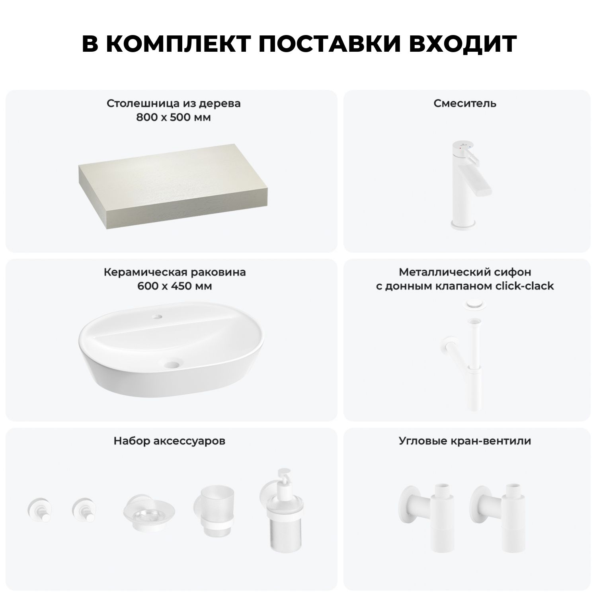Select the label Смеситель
pyautogui.click(x=465, y=103)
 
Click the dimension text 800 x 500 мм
pyautogui.click(x=174, y=117)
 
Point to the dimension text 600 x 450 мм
pyautogui.click(x=174, y=286)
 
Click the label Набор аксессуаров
pyautogui.click(x=170, y=441)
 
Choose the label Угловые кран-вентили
pyautogui.click(x=465, y=441)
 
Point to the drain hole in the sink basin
pyautogui.click(x=173, y=363)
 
